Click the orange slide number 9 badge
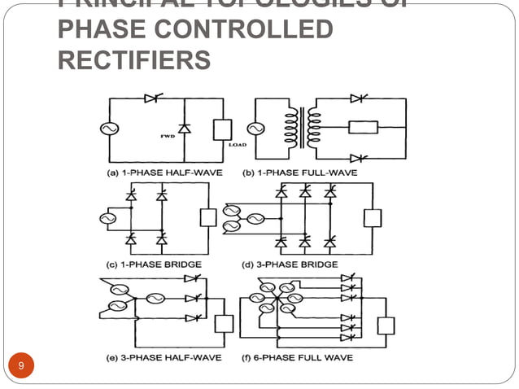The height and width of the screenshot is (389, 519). (22, 365)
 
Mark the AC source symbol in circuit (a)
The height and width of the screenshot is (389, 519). (107, 129)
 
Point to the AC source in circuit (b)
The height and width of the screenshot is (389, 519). (255, 129)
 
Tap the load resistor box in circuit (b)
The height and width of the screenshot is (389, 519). (359, 128)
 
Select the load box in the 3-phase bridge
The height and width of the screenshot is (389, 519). (373, 218)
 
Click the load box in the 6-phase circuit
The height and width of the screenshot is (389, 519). (386, 326)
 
